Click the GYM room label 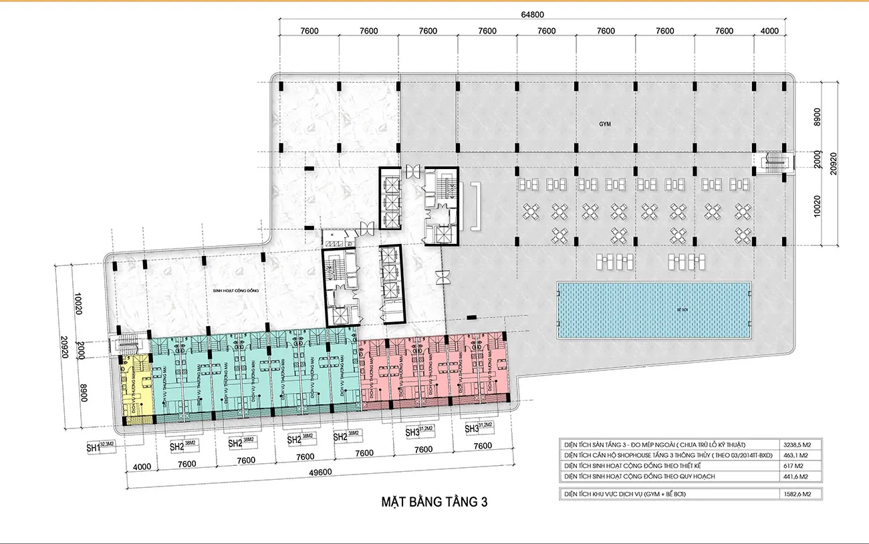pyautogui.click(x=605, y=124)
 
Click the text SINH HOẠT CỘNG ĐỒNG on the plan pyautogui.click(x=231, y=291)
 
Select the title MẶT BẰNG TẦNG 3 pyautogui.click(x=434, y=502)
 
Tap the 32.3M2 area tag pyautogui.click(x=108, y=443)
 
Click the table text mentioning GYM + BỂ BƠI pyautogui.click(x=625, y=494)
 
